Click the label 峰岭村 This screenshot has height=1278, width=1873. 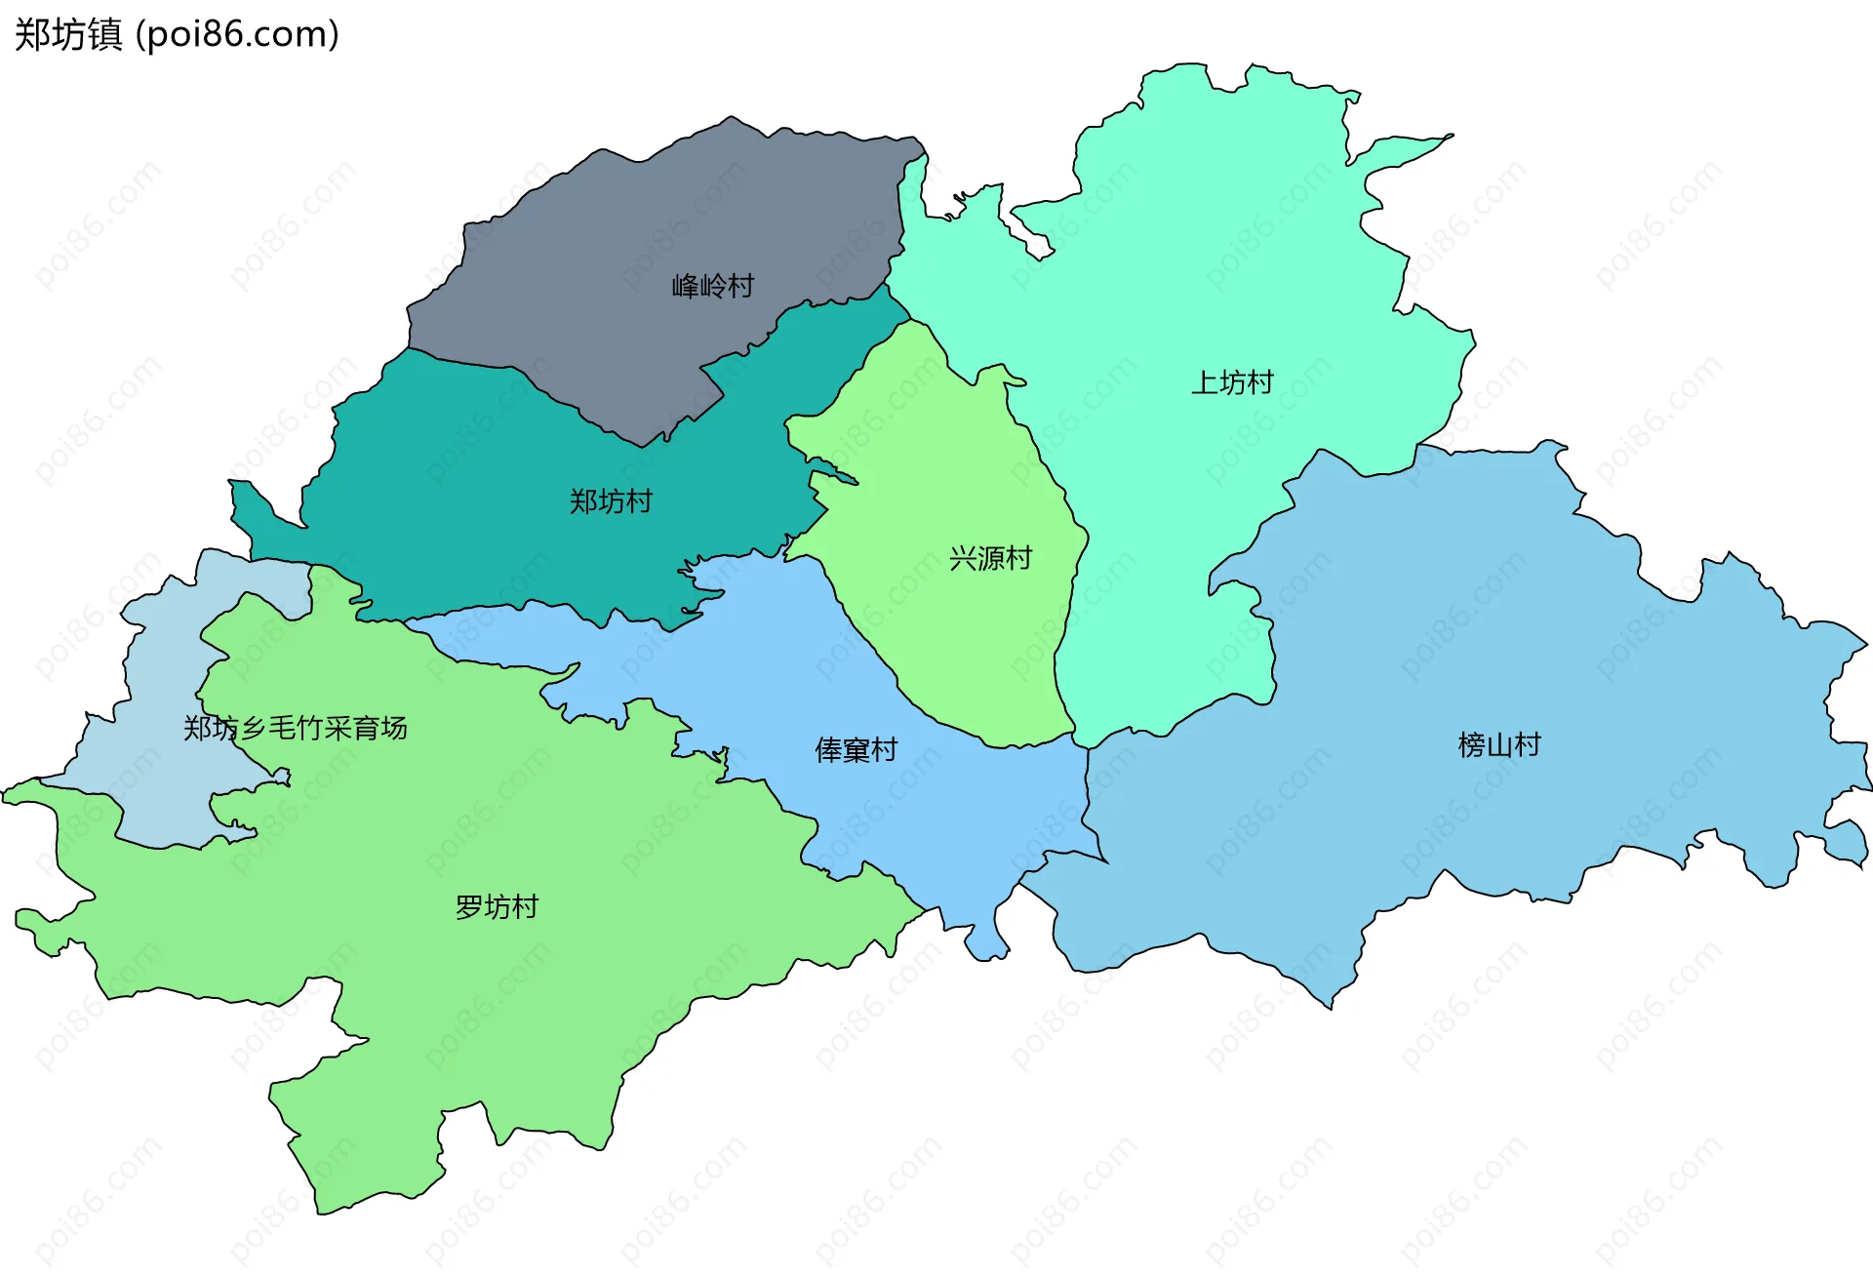point(712,286)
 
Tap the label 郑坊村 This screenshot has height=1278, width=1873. point(611,501)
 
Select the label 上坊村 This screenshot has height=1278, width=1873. point(1232,382)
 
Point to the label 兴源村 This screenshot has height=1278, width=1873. point(990,558)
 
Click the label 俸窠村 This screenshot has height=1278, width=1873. point(856,750)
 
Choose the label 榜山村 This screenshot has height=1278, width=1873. point(1498,745)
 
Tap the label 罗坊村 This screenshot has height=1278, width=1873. point(497,907)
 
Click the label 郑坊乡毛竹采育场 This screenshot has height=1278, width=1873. point(295,728)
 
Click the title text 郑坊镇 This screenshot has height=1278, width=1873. point(68,34)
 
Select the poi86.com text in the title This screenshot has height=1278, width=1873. point(237,34)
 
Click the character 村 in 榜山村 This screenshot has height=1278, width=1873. point(1527,745)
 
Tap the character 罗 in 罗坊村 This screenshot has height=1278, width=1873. point(469,907)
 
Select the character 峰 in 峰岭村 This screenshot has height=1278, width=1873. point(685,286)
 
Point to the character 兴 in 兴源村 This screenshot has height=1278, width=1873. point(963,558)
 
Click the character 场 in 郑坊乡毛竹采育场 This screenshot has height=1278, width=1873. point(394,728)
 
